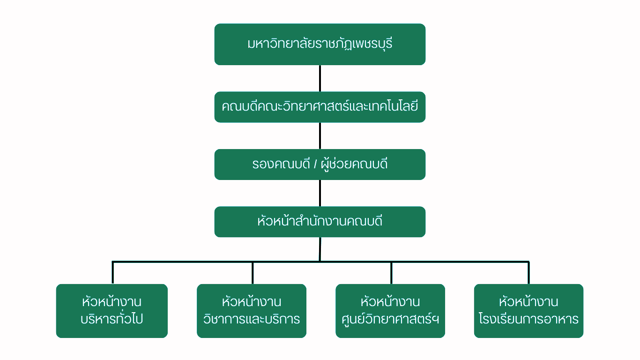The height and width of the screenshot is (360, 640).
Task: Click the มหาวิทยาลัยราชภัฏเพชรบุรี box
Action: pos(320,44)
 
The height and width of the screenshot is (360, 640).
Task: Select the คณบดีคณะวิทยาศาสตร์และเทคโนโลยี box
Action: pos(320,107)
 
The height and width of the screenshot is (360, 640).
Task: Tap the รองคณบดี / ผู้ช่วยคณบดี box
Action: pos(320,165)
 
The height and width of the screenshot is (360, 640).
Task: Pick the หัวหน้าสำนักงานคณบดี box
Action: pos(320,222)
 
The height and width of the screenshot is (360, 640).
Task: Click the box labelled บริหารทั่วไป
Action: pos(112,311)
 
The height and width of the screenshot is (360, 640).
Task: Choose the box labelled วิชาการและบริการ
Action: pos(252,311)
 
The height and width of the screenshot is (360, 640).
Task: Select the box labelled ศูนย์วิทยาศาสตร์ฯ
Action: pos(390,311)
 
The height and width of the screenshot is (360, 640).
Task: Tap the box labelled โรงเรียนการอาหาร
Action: pos(528,311)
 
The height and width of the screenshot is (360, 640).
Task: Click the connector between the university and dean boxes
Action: pos(320,78)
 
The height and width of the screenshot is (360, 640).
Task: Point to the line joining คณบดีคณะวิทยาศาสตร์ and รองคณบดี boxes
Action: pos(320,136)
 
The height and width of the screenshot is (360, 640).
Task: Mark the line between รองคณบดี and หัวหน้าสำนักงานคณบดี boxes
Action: pos(320,193)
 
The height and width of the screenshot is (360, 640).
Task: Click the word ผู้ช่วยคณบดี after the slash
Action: pos(355,165)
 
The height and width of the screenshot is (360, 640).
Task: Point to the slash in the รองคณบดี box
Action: pos(315,165)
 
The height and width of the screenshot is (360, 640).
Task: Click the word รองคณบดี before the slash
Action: pos(281,165)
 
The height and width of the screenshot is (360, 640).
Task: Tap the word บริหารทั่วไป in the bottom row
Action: pos(112,320)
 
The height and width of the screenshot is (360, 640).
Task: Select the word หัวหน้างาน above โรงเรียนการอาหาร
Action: pos(528,301)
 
